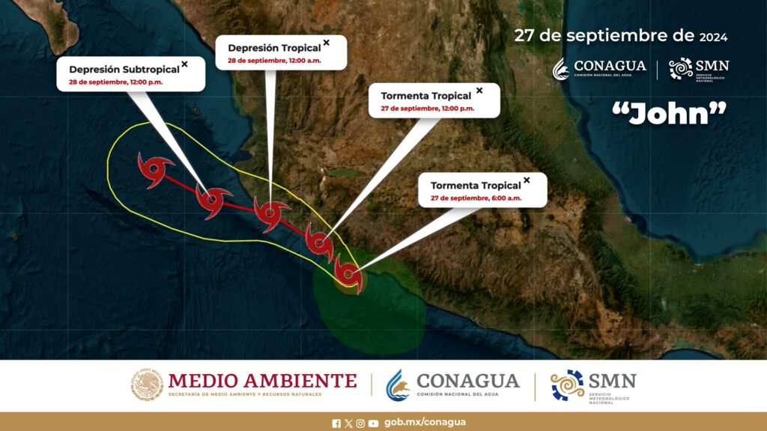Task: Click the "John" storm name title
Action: pos(669,114)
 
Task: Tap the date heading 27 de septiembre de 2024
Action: pos(621,36)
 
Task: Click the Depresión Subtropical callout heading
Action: pos(124,70)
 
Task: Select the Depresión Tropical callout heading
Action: pos(274,48)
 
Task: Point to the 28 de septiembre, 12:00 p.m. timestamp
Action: pos(116,82)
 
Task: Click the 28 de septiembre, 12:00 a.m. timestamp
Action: pos(274,61)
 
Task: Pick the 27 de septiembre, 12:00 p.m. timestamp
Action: pos(428,108)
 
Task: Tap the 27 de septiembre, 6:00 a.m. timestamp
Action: pos(476,198)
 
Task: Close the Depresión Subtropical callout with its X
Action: pos(184,64)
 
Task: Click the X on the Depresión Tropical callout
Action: pos(327,43)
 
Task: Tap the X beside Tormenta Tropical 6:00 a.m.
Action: pos(527,180)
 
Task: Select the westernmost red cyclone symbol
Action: pos(154,170)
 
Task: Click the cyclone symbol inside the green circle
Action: pos(348,275)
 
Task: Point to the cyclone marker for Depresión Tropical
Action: pos(270,213)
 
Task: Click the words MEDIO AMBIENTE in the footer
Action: pos(263,381)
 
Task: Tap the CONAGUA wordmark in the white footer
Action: pos(468,381)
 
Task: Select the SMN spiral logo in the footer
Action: pos(568,385)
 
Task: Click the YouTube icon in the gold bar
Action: pos(373,424)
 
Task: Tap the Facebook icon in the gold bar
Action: pos(336,424)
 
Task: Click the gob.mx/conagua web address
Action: pos(425,423)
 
